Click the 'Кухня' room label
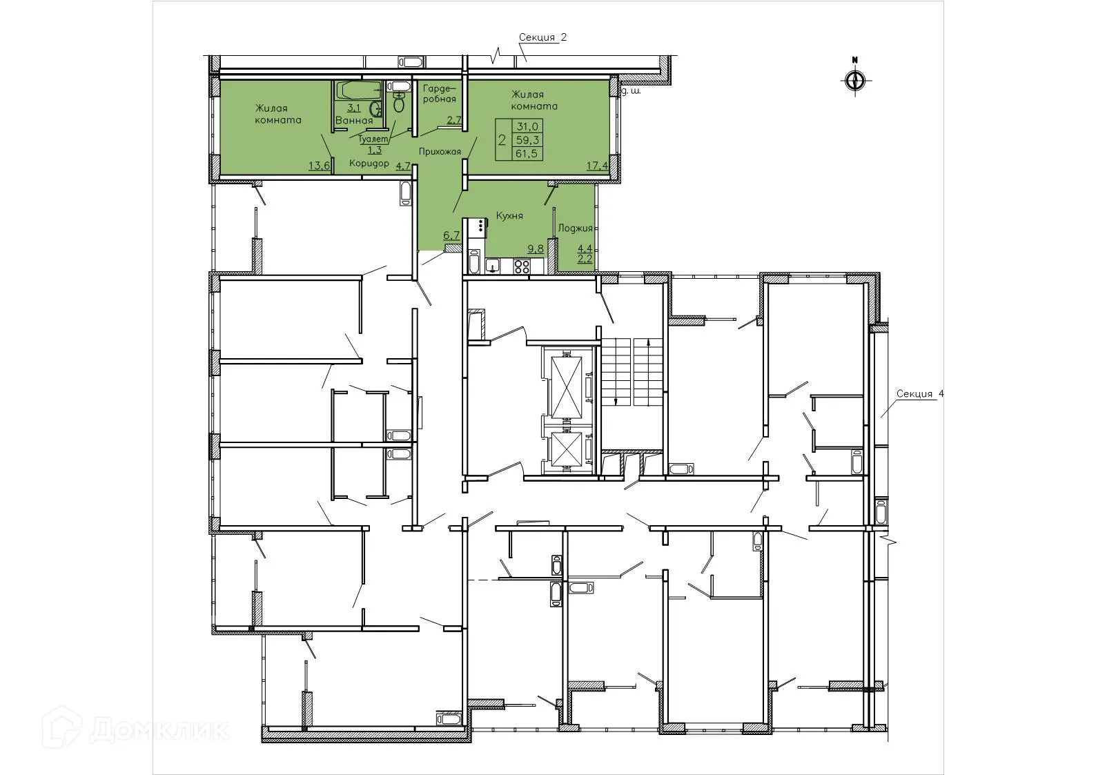[509, 216]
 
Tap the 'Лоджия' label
[575, 227]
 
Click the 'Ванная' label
[354, 121]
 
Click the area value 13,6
[319, 166]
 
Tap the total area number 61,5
[527, 154]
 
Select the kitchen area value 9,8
[535, 248]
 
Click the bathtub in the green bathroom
[358, 89]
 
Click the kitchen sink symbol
[493, 266]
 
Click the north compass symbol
[854, 79]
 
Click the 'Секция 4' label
[919, 394]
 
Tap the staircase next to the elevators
[632, 373]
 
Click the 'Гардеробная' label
[439, 94]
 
